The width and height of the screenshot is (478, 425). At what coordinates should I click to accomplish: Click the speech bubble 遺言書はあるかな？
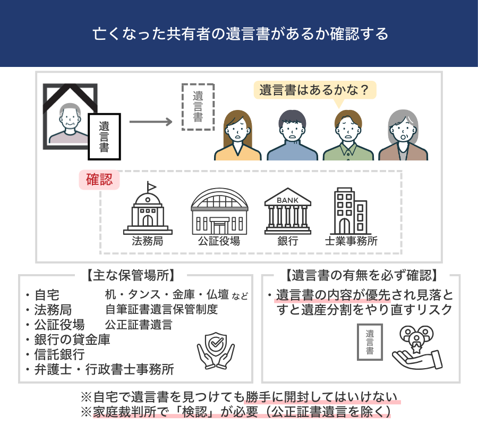(314, 90)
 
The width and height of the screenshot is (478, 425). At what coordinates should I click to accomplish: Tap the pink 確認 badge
(99, 180)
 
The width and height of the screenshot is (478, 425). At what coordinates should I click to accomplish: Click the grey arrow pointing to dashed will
(151, 122)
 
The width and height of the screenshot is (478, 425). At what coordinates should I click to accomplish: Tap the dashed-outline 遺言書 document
(198, 107)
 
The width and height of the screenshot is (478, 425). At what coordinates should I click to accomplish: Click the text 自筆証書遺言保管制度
(161, 309)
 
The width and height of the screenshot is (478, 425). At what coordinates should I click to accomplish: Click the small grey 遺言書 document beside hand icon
(369, 343)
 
